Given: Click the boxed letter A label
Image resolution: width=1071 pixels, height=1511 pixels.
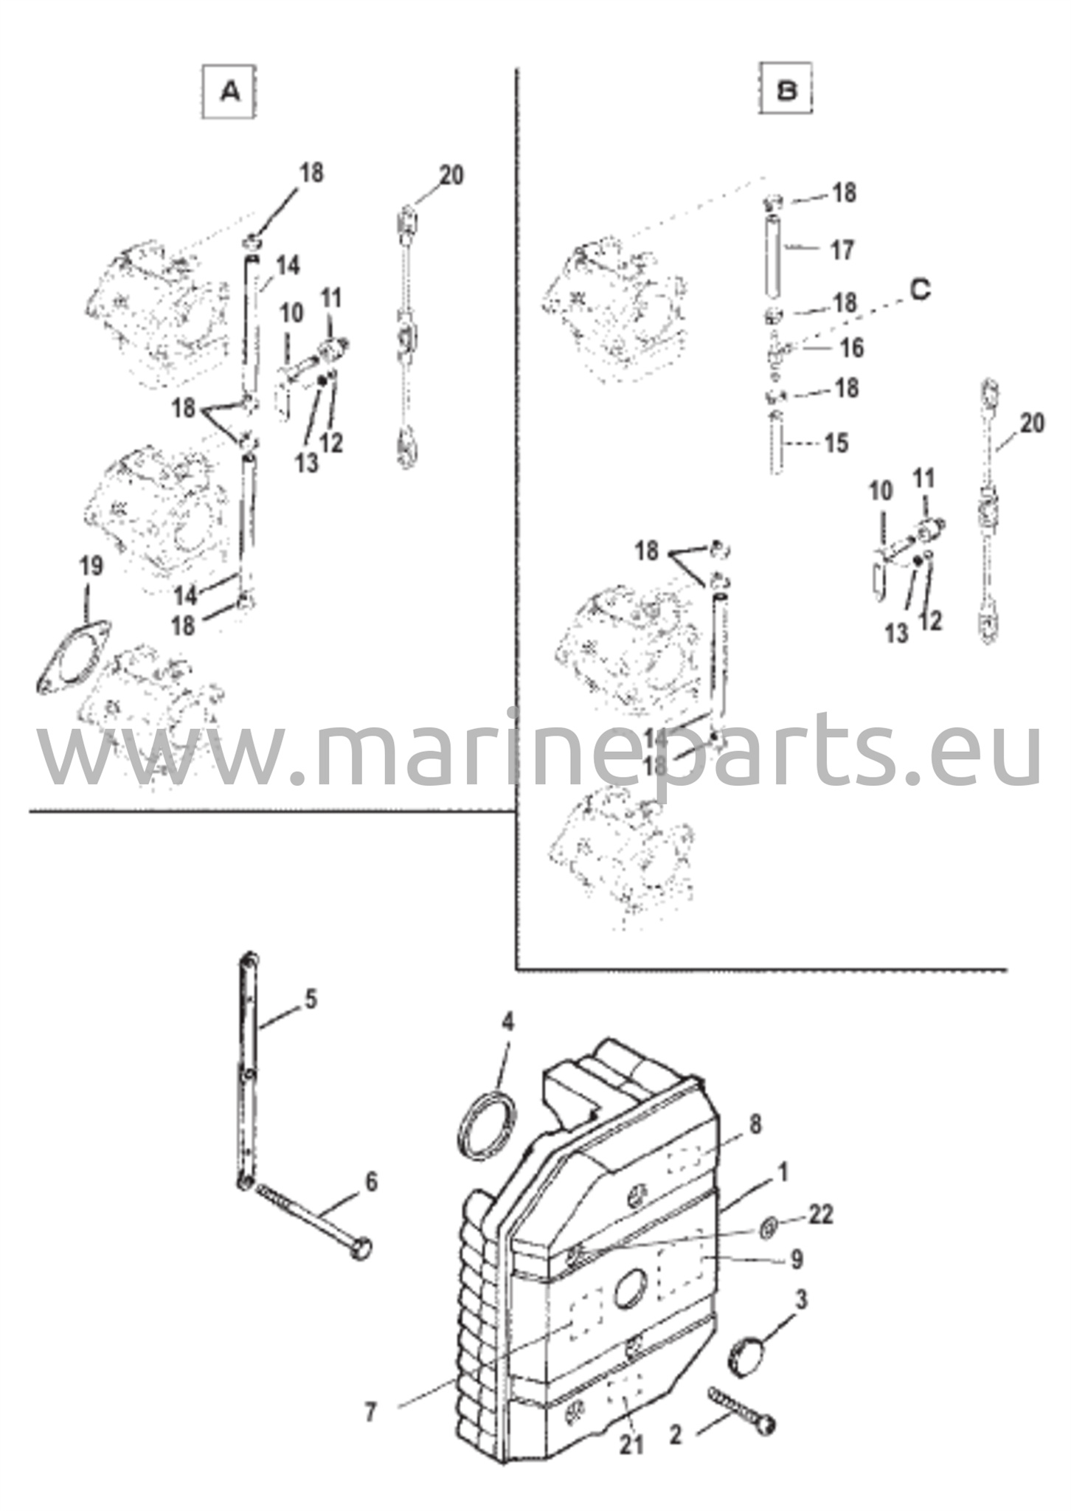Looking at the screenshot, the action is (x=229, y=92).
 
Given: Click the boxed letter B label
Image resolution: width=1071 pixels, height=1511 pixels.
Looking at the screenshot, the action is (x=787, y=91).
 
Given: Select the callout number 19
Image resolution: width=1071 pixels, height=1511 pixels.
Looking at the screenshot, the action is (x=91, y=567).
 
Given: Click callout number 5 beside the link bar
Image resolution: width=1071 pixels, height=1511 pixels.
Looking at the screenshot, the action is (x=311, y=1001).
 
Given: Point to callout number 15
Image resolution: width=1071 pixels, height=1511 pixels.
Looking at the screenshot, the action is (x=836, y=443).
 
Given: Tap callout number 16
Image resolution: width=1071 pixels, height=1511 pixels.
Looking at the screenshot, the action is (x=851, y=347).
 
